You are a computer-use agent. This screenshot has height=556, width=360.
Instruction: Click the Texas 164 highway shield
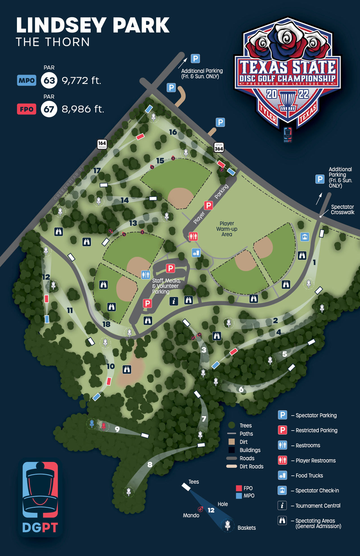tap(102, 144)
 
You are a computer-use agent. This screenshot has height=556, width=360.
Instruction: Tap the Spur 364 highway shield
tap(219, 147)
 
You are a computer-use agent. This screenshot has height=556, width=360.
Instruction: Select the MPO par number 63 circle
tap(49, 81)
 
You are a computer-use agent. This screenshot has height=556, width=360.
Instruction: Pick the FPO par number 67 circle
tap(49, 109)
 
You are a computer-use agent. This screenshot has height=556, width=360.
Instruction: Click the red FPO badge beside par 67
tap(27, 109)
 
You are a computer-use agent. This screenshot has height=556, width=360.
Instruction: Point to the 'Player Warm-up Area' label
tap(227, 229)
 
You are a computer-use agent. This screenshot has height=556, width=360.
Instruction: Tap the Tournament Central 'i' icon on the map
tap(174, 301)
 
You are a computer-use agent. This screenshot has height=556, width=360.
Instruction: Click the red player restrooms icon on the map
tap(193, 236)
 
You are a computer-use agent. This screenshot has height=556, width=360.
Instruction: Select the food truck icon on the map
tap(196, 253)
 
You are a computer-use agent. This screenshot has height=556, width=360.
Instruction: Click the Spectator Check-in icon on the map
tap(304, 237)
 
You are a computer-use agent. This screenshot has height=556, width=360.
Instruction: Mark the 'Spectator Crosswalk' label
tap(342, 210)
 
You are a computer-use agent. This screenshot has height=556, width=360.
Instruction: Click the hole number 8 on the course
tap(150, 464)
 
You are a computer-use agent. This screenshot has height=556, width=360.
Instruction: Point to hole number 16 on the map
tap(173, 132)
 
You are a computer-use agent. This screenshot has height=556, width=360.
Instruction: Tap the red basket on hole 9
tap(104, 426)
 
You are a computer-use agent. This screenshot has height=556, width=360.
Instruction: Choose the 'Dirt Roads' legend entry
tap(251, 466)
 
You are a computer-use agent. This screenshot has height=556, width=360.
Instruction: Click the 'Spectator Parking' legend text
tap(316, 415)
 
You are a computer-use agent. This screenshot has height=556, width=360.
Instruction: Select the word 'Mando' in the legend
tap(191, 515)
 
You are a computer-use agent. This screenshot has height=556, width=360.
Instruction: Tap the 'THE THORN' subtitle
tap(53, 42)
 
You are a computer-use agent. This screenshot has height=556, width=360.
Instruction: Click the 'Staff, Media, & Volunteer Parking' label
tap(166, 286)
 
